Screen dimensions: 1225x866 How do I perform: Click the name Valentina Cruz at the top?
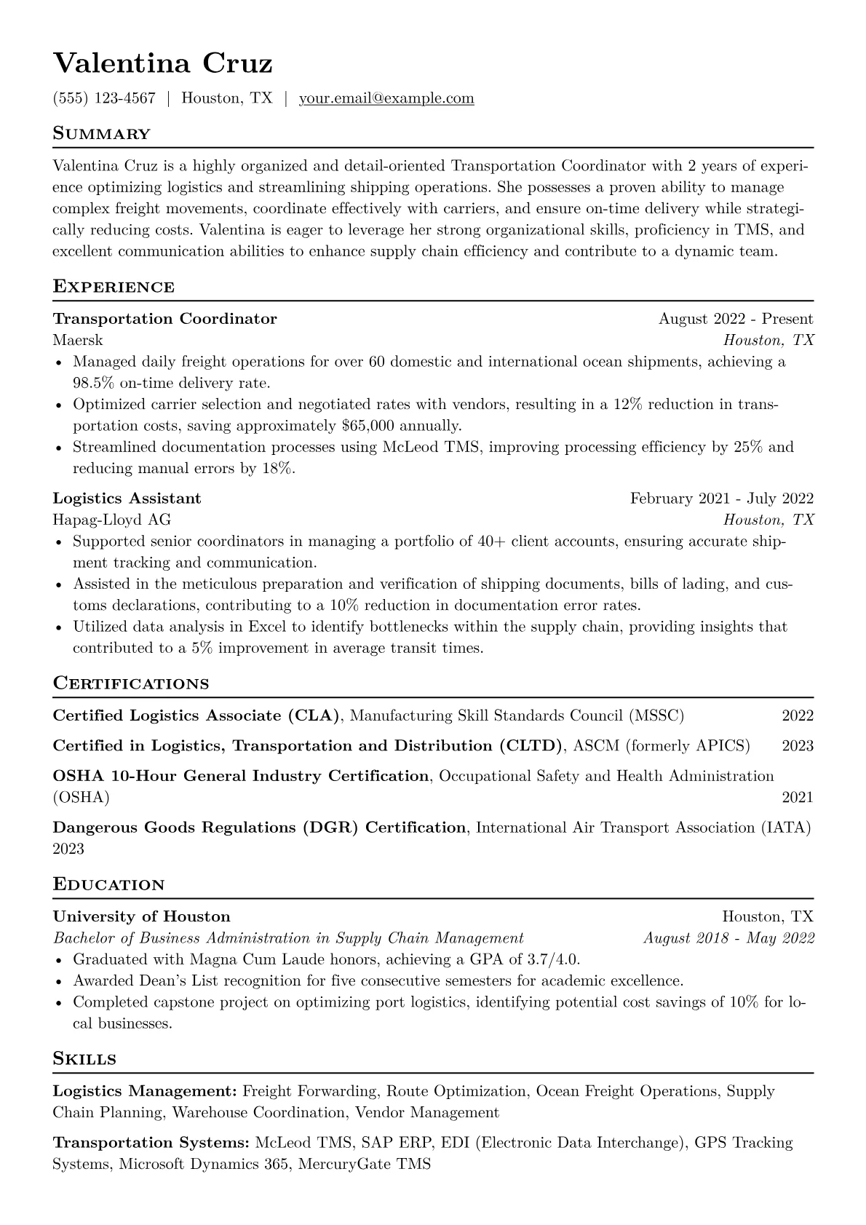pyautogui.click(x=162, y=63)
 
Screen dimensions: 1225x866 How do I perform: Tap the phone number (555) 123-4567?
pyautogui.click(x=104, y=98)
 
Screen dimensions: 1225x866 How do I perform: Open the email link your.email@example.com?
pyautogui.click(x=386, y=98)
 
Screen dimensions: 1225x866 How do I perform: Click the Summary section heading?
pyautogui.click(x=101, y=134)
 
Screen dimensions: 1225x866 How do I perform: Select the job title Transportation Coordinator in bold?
pyautogui.click(x=164, y=319)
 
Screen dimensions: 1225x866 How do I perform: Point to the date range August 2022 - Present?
pyautogui.click(x=736, y=319)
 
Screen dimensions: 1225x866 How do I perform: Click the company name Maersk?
pyautogui.click(x=78, y=340)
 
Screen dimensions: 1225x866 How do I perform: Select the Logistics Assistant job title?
pyautogui.click(x=127, y=499)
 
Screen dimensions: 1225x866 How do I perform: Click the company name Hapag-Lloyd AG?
pyautogui.click(x=112, y=520)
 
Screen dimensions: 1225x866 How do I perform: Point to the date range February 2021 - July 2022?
pyautogui.click(x=721, y=499)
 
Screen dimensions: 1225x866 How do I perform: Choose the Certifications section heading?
pyautogui.click(x=131, y=683)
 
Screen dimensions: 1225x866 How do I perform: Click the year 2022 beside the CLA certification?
pyautogui.click(x=798, y=715)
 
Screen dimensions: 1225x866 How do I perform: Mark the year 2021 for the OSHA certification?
pyautogui.click(x=798, y=797)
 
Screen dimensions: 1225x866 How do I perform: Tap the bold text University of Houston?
pyautogui.click(x=141, y=916)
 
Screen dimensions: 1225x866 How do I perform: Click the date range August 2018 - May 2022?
pyautogui.click(x=728, y=937)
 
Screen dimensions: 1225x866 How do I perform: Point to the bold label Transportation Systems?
pyautogui.click(x=151, y=1143)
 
